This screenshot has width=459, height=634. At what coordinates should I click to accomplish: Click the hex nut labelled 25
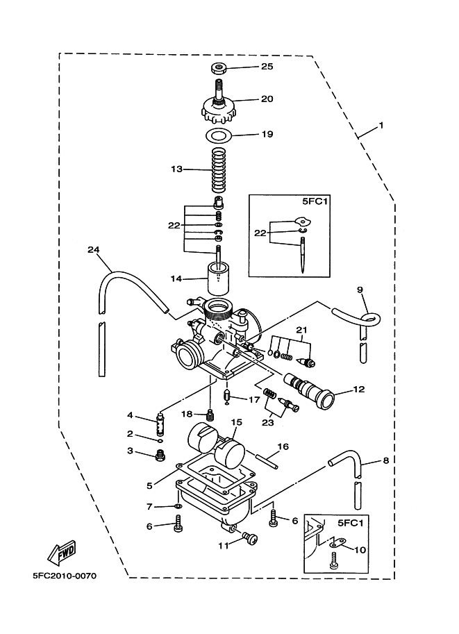[218, 67]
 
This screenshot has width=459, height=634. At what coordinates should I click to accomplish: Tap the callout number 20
[267, 99]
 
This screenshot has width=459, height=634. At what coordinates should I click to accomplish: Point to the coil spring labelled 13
[218, 170]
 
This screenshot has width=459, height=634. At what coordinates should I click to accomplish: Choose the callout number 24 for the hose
[94, 250]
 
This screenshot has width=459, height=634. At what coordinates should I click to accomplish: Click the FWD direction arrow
[62, 552]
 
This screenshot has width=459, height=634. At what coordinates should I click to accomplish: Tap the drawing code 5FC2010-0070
[65, 576]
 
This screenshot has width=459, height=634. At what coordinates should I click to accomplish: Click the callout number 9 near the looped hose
[360, 290]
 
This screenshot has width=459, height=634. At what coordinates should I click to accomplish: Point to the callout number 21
[301, 330]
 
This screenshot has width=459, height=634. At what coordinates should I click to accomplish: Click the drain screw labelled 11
[249, 539]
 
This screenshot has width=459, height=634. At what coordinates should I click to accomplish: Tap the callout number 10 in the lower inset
[360, 549]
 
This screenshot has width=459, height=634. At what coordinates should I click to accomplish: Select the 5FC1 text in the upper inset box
[315, 201]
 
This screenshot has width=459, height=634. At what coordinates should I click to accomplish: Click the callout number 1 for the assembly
[381, 126]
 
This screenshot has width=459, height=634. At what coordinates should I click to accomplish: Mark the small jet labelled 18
[210, 415]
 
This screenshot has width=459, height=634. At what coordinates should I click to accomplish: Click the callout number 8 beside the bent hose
[386, 460]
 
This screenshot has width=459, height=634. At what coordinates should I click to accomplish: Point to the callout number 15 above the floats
[237, 422]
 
